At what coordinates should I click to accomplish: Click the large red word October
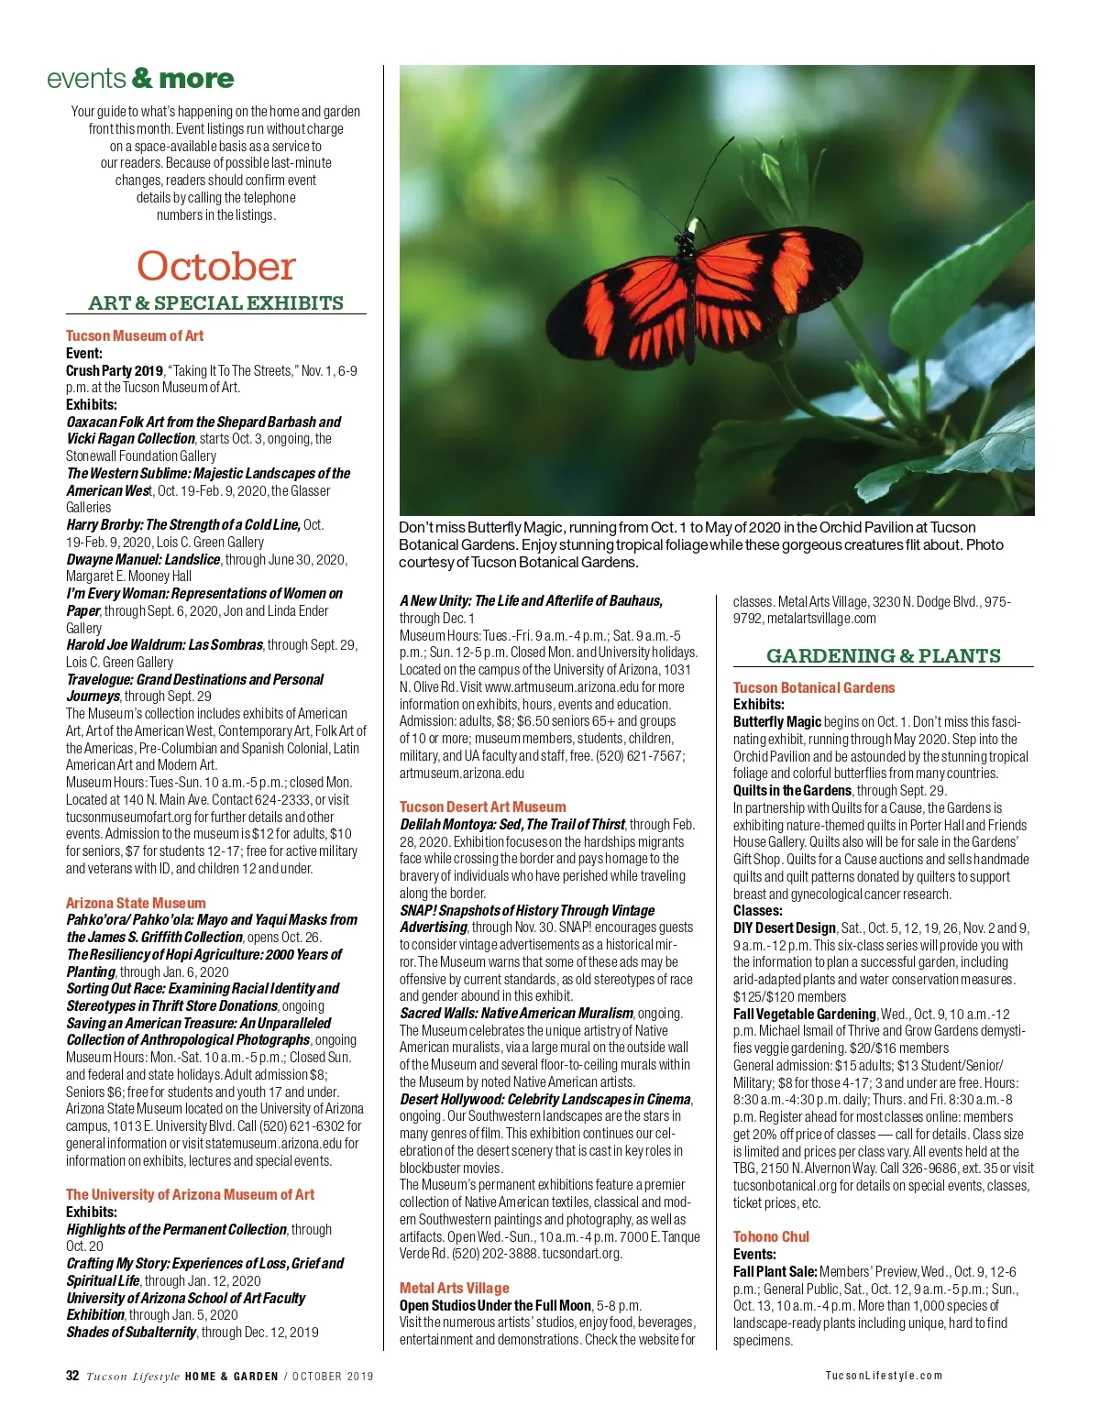coord(216,267)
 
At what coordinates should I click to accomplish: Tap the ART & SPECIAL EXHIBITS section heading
coord(216,303)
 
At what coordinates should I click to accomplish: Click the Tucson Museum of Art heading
coord(135,336)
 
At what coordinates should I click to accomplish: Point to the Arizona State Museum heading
coord(136,903)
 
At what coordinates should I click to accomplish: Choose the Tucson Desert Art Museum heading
coord(482,807)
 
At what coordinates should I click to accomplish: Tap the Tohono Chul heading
coord(771,1236)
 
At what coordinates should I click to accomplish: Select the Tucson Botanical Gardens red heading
coord(813,687)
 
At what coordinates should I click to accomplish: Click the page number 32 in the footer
coord(72,1376)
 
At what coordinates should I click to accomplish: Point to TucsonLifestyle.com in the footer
coord(883,1376)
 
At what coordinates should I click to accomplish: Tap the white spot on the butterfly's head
coord(693,225)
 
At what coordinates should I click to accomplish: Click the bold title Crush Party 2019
coord(114,371)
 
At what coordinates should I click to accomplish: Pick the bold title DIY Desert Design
coord(784,928)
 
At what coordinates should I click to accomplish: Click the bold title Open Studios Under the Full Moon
coord(495,1305)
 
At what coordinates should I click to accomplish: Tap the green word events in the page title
coord(86,79)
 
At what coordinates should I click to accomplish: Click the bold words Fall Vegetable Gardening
coord(804,1014)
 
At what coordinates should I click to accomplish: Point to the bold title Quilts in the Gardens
coord(792,790)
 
